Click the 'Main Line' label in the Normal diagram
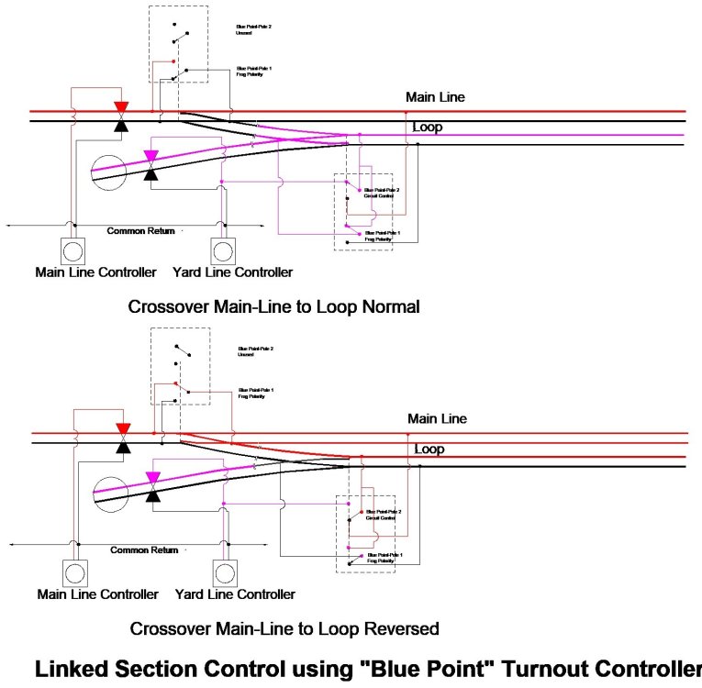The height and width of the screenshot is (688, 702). pyautogui.click(x=437, y=96)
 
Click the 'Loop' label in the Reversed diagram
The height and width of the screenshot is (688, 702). pyautogui.click(x=429, y=449)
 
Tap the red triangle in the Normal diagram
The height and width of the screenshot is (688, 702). pyautogui.click(x=120, y=107)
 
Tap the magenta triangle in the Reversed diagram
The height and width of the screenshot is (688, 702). pyautogui.click(x=152, y=477)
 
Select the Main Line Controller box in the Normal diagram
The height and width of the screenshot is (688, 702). pyautogui.click(x=72, y=250)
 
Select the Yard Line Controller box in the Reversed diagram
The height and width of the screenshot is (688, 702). pyautogui.click(x=224, y=572)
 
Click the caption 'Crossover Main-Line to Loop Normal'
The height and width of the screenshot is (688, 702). pyautogui.click(x=274, y=306)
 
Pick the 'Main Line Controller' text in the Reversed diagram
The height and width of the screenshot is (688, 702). pyautogui.click(x=98, y=594)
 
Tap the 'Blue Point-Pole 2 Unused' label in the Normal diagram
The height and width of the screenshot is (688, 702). pyautogui.click(x=254, y=30)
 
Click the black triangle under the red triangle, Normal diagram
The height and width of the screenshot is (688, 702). pyautogui.click(x=120, y=125)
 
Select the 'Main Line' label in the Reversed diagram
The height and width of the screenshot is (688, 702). pyautogui.click(x=438, y=418)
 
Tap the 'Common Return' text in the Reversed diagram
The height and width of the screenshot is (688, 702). pyautogui.click(x=144, y=549)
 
